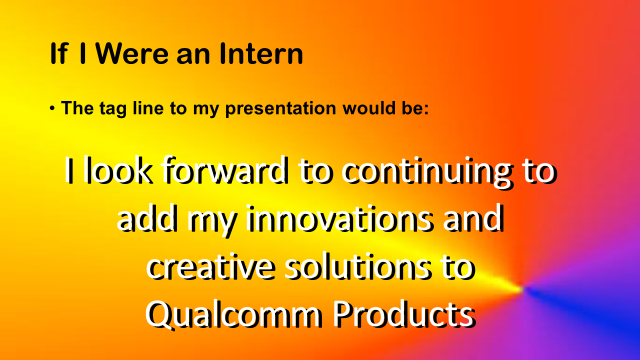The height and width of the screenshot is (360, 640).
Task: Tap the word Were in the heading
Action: tap(132, 53)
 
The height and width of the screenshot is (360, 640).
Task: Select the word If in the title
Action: tap(59, 53)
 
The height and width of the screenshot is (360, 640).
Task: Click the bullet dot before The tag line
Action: tap(52, 108)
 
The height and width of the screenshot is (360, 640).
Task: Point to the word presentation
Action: tap(281, 109)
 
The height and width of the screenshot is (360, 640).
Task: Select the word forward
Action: tap(225, 170)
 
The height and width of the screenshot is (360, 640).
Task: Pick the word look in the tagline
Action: tap(117, 170)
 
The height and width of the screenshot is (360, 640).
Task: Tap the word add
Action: tap(146, 218)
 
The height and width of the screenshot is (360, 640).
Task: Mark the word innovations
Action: tap(338, 218)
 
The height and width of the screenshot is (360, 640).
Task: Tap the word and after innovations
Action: tap(473, 218)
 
